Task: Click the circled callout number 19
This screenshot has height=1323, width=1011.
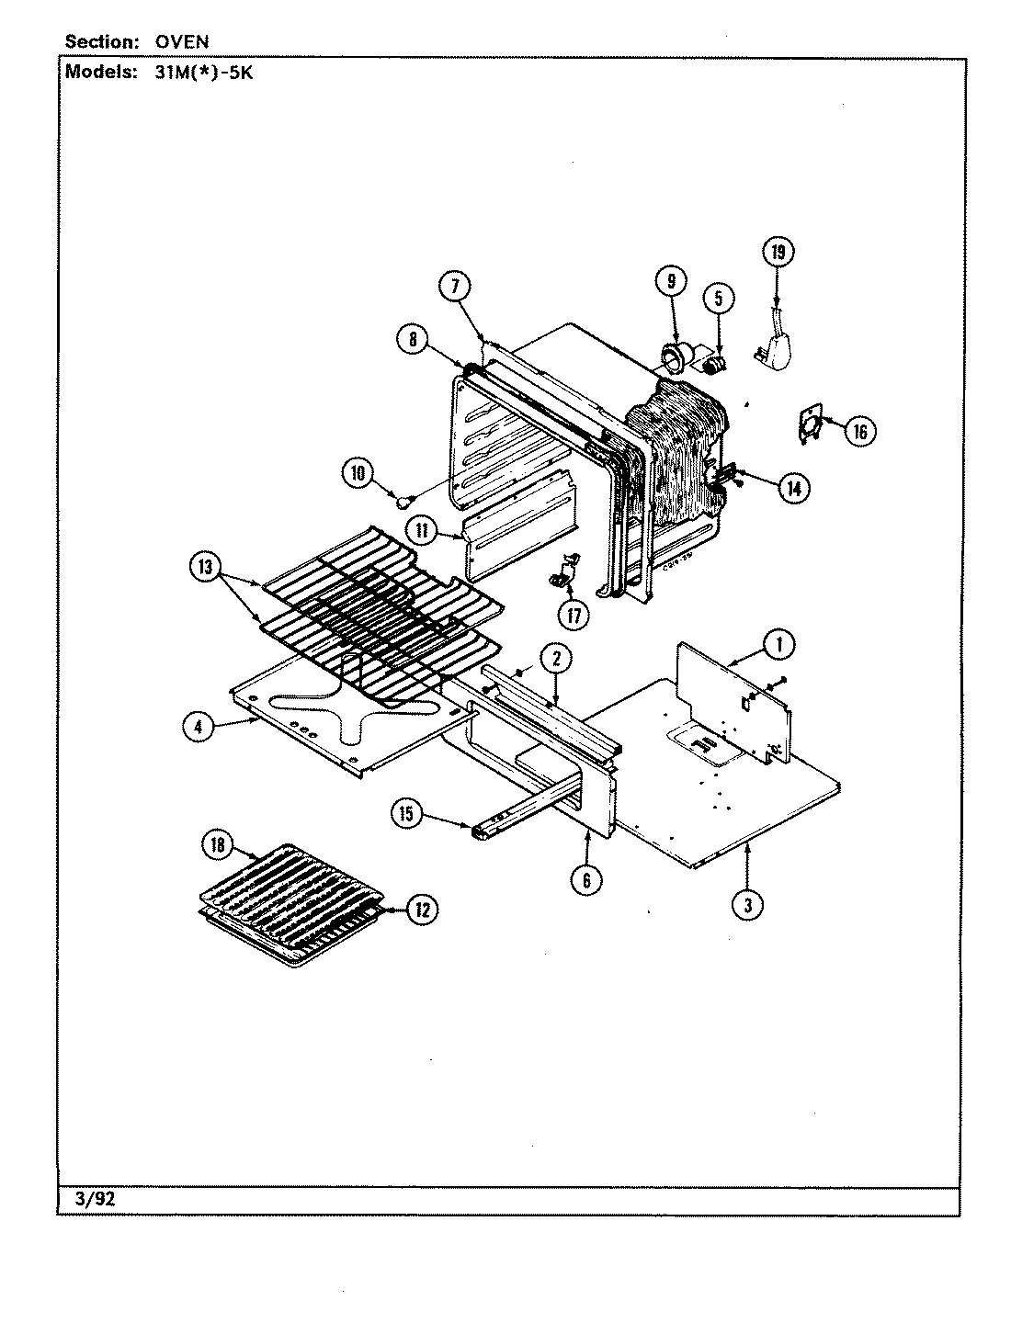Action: pos(778,253)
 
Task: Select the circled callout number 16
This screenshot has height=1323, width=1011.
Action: pos(859,430)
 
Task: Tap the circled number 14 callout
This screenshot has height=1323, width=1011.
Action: pos(792,489)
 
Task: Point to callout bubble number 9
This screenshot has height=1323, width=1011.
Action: pos(670,280)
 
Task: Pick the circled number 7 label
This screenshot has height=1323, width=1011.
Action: pos(455,287)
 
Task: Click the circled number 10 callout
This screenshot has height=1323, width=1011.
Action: pos(358,473)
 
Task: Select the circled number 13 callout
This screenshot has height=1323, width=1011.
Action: pos(204,567)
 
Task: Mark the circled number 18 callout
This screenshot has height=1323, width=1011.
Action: pos(218,846)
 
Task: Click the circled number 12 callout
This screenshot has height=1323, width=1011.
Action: pos(421,910)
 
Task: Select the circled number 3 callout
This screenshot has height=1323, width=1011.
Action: pos(748,904)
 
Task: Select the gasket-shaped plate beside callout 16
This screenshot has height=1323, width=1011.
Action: pos(809,425)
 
